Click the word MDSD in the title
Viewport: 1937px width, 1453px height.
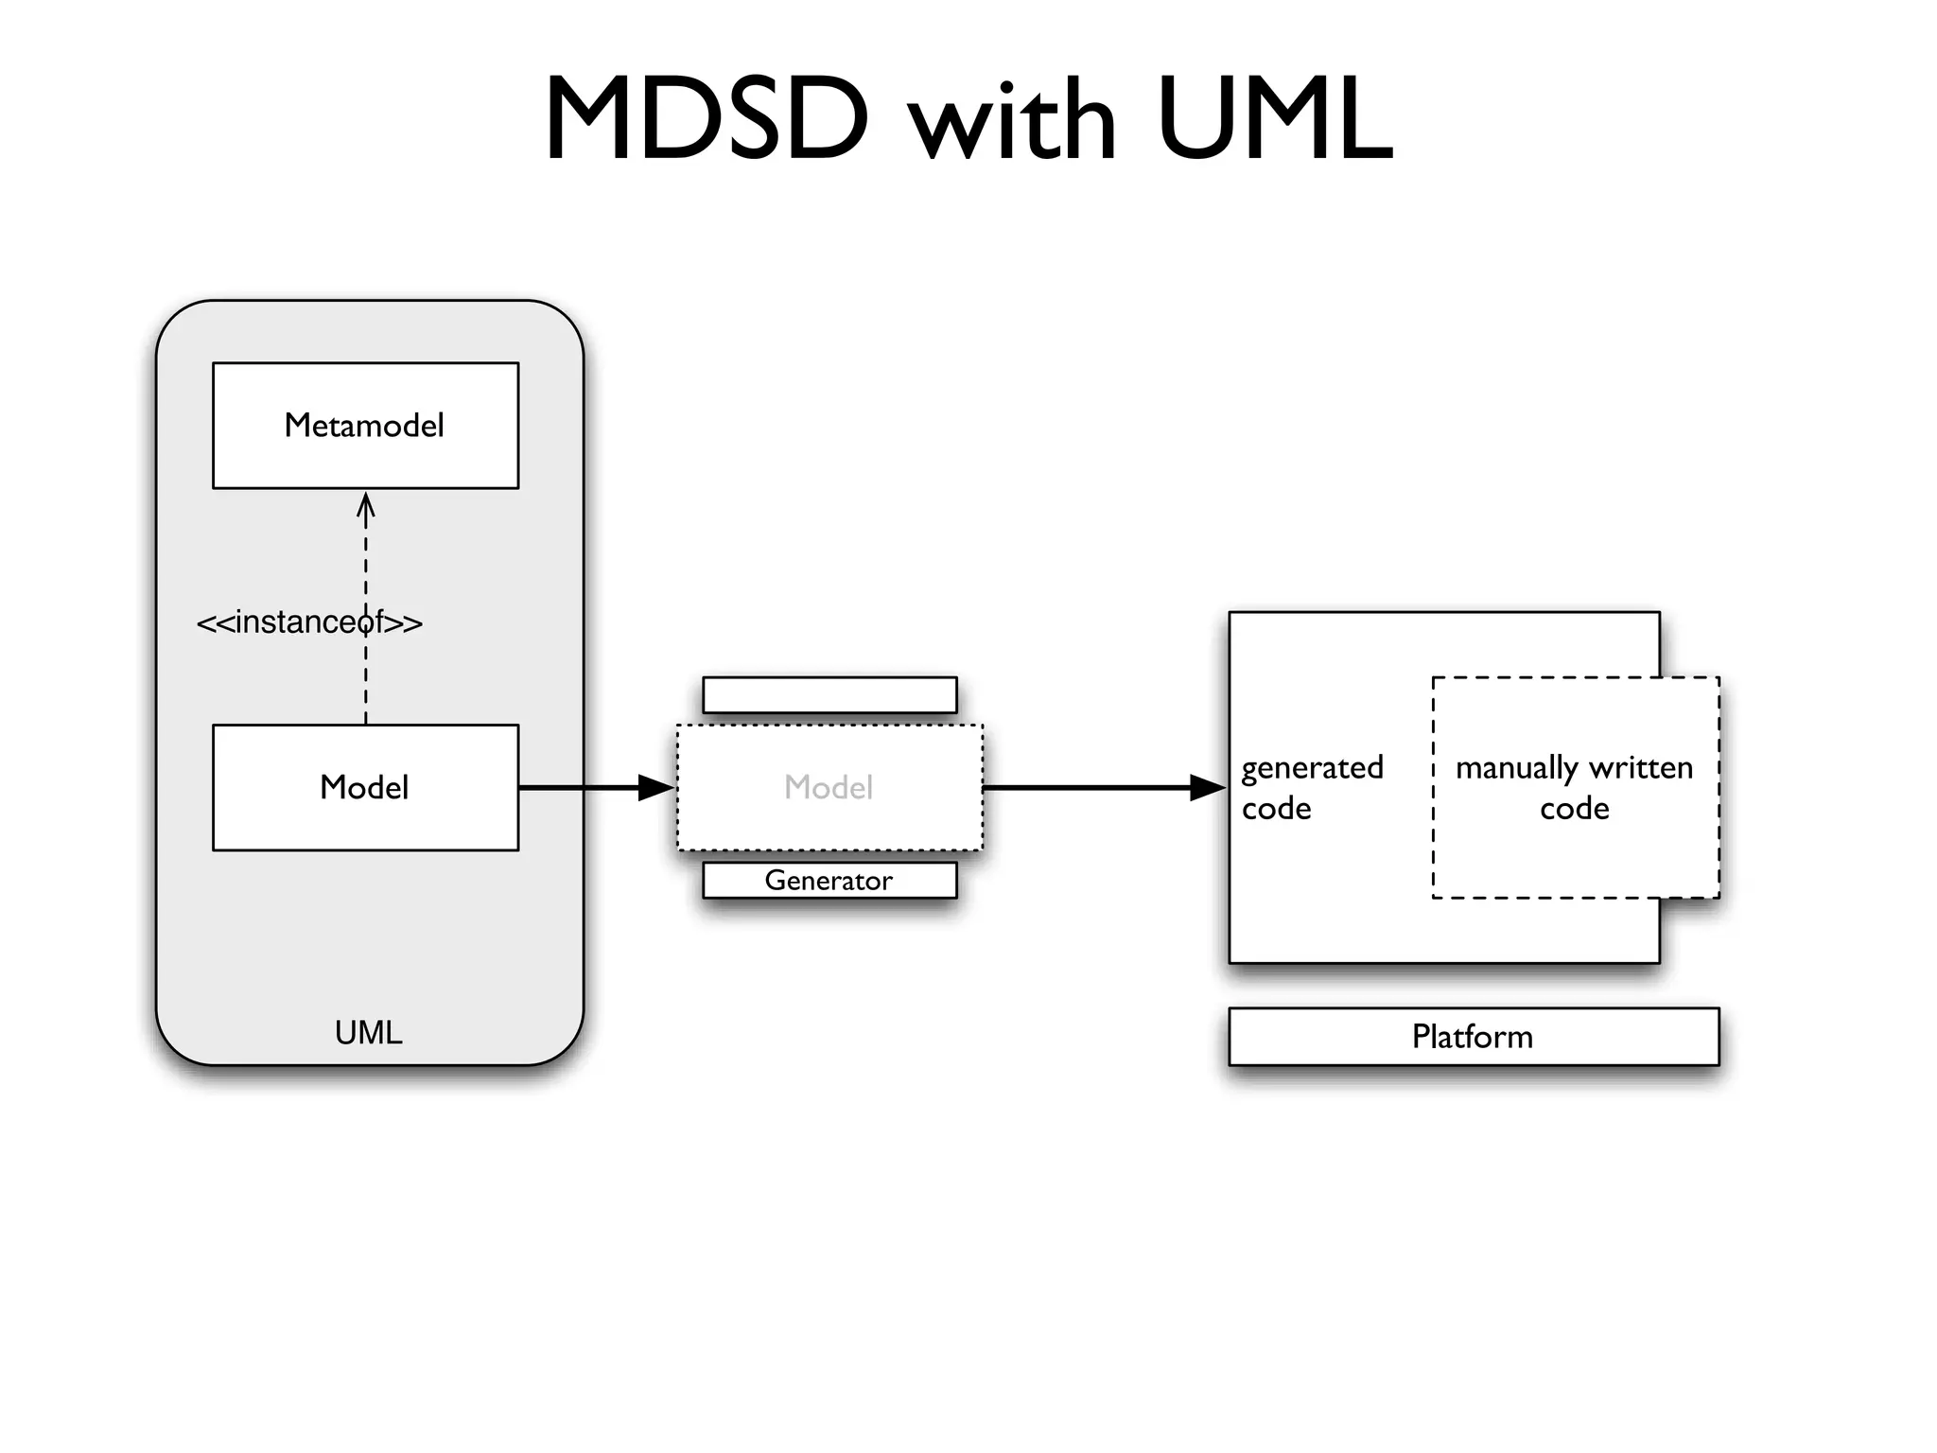pos(706,119)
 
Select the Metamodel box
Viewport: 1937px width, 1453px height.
pos(365,426)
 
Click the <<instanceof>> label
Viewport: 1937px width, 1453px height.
pos(309,622)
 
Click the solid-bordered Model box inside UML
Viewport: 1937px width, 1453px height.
pos(365,787)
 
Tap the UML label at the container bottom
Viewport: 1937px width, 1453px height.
pos(368,1032)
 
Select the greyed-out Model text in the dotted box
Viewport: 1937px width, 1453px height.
pos(829,787)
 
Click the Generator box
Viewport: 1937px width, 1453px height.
pos(829,880)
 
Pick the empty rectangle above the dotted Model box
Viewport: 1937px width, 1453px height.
pos(829,694)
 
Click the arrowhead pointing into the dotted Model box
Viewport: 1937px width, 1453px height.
pos(656,787)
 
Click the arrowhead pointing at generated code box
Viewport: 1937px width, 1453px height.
pos(1208,787)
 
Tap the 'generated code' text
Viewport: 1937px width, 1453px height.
pos(1311,787)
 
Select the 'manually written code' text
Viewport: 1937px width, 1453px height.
pos(1574,787)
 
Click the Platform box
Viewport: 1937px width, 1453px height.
pos(1473,1037)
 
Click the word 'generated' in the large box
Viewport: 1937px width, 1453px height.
pos(1312,767)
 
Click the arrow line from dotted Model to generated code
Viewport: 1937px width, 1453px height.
pos(1088,787)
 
